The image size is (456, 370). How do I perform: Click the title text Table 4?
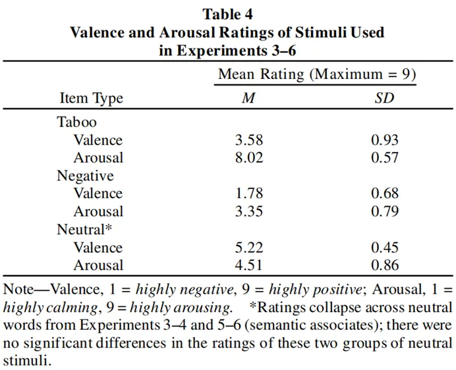click(x=227, y=13)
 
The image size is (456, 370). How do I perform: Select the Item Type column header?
click(x=91, y=99)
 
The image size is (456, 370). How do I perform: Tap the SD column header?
click(x=385, y=99)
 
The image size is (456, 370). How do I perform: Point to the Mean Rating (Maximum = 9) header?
click(x=317, y=74)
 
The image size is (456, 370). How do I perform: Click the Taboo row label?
click(x=76, y=122)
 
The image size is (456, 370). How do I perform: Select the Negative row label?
click(x=85, y=176)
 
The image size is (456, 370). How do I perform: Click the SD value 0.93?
click(x=385, y=140)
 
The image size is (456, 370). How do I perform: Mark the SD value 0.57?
click(x=385, y=158)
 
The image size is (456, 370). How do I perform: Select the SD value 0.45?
click(x=385, y=248)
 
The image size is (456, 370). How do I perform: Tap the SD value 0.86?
click(x=385, y=265)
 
